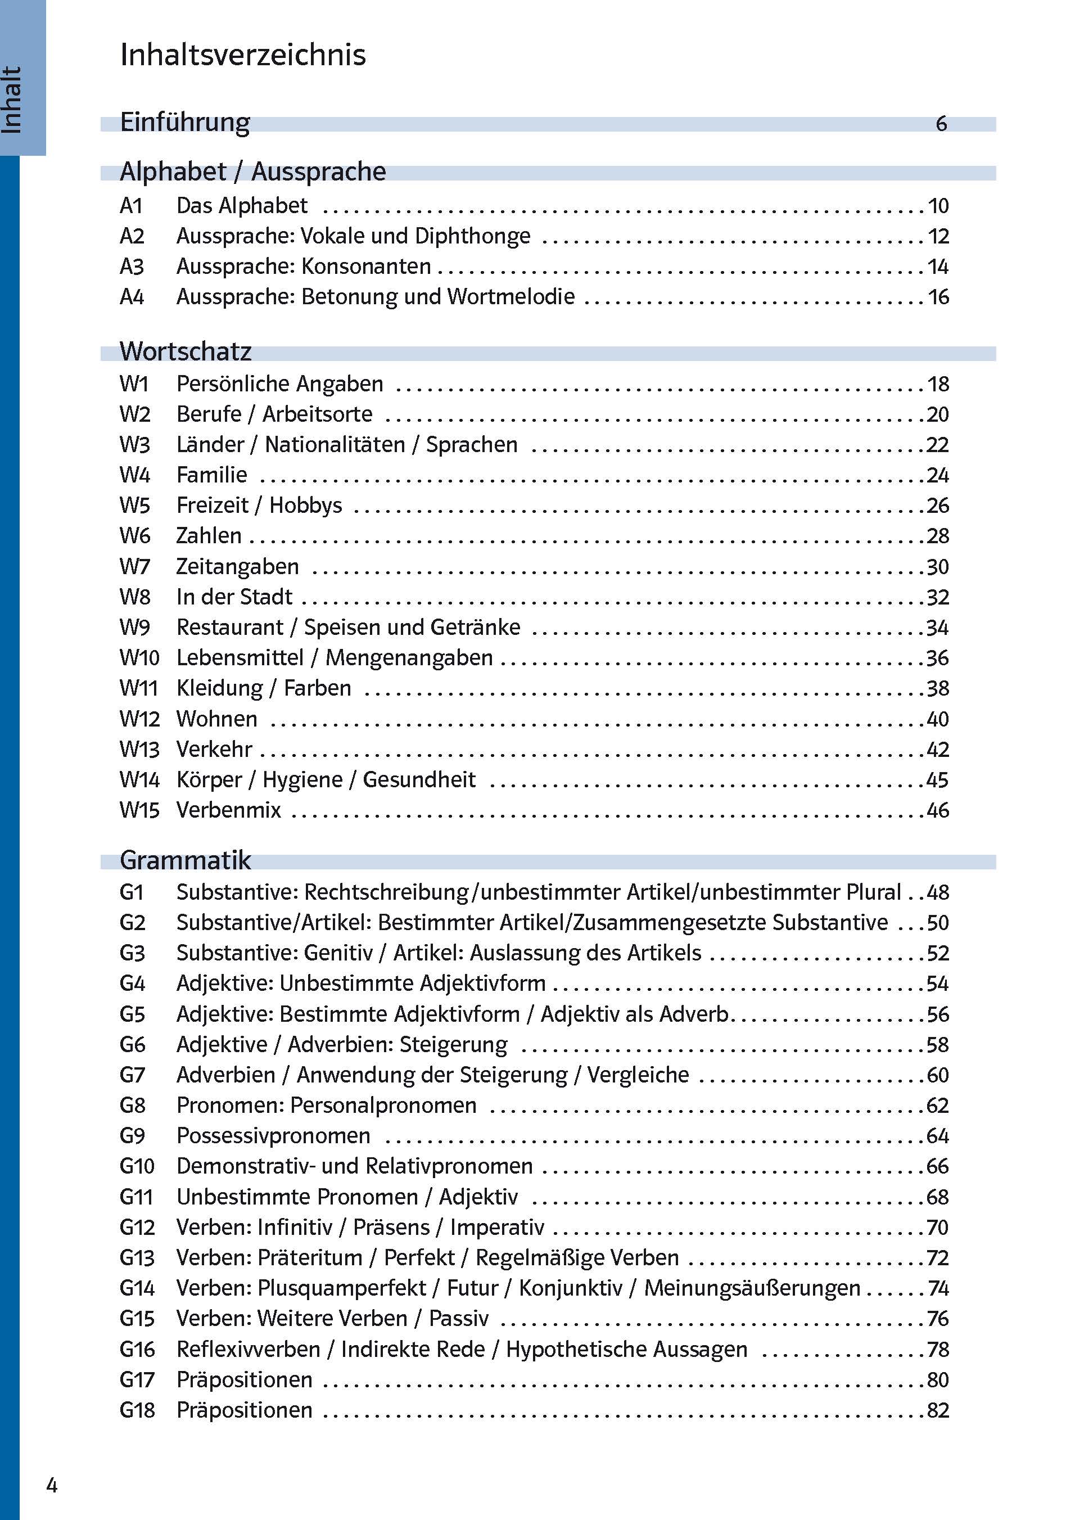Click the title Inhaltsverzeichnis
[242, 55]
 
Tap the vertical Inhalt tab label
[12, 100]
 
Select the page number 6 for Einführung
[941, 124]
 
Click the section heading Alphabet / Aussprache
[252, 172]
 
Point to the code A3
[131, 267]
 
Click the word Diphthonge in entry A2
[473, 236]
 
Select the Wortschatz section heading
[186, 351]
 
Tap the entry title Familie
[211, 475]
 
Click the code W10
[139, 658]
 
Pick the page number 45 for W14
[937, 780]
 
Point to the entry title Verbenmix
[228, 810]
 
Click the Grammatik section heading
[186, 860]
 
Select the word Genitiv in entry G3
[338, 953]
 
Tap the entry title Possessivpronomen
[273, 1136]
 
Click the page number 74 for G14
[938, 1288]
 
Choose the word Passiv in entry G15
[458, 1319]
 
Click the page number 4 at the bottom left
[52, 1486]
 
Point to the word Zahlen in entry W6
[209, 535]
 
